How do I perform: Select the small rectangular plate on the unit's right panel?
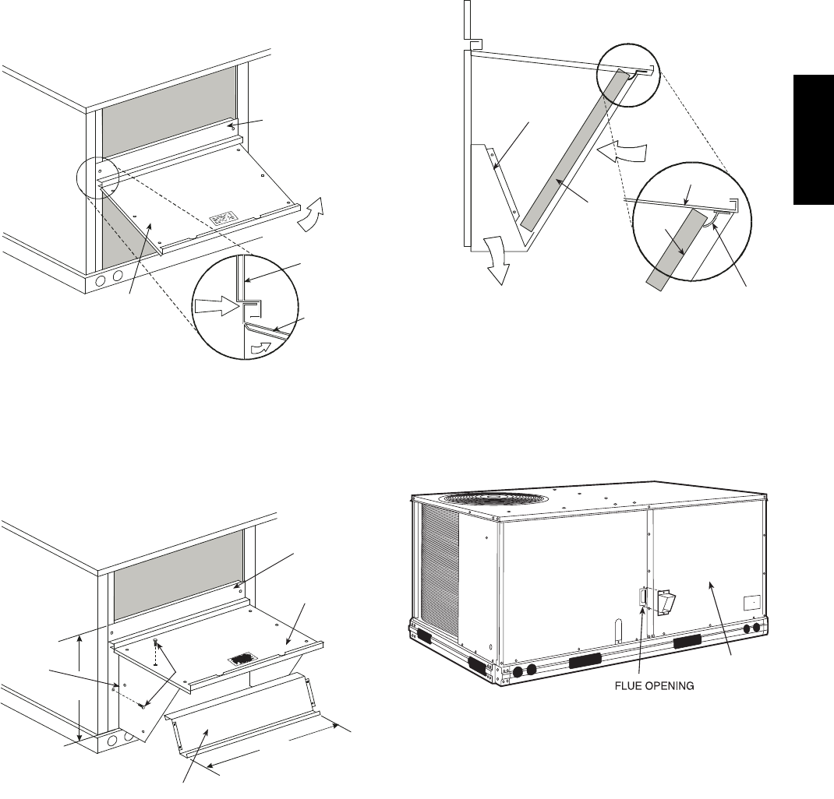[x=751, y=603]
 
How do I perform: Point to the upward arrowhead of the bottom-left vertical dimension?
[x=80, y=638]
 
